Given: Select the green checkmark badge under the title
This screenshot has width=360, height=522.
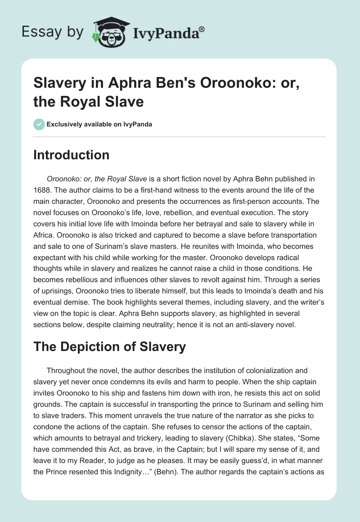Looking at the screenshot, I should [x=39, y=124].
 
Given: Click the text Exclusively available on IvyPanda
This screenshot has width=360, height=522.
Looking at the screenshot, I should [x=99, y=124].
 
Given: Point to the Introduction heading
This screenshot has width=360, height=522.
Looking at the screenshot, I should [x=72, y=155].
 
